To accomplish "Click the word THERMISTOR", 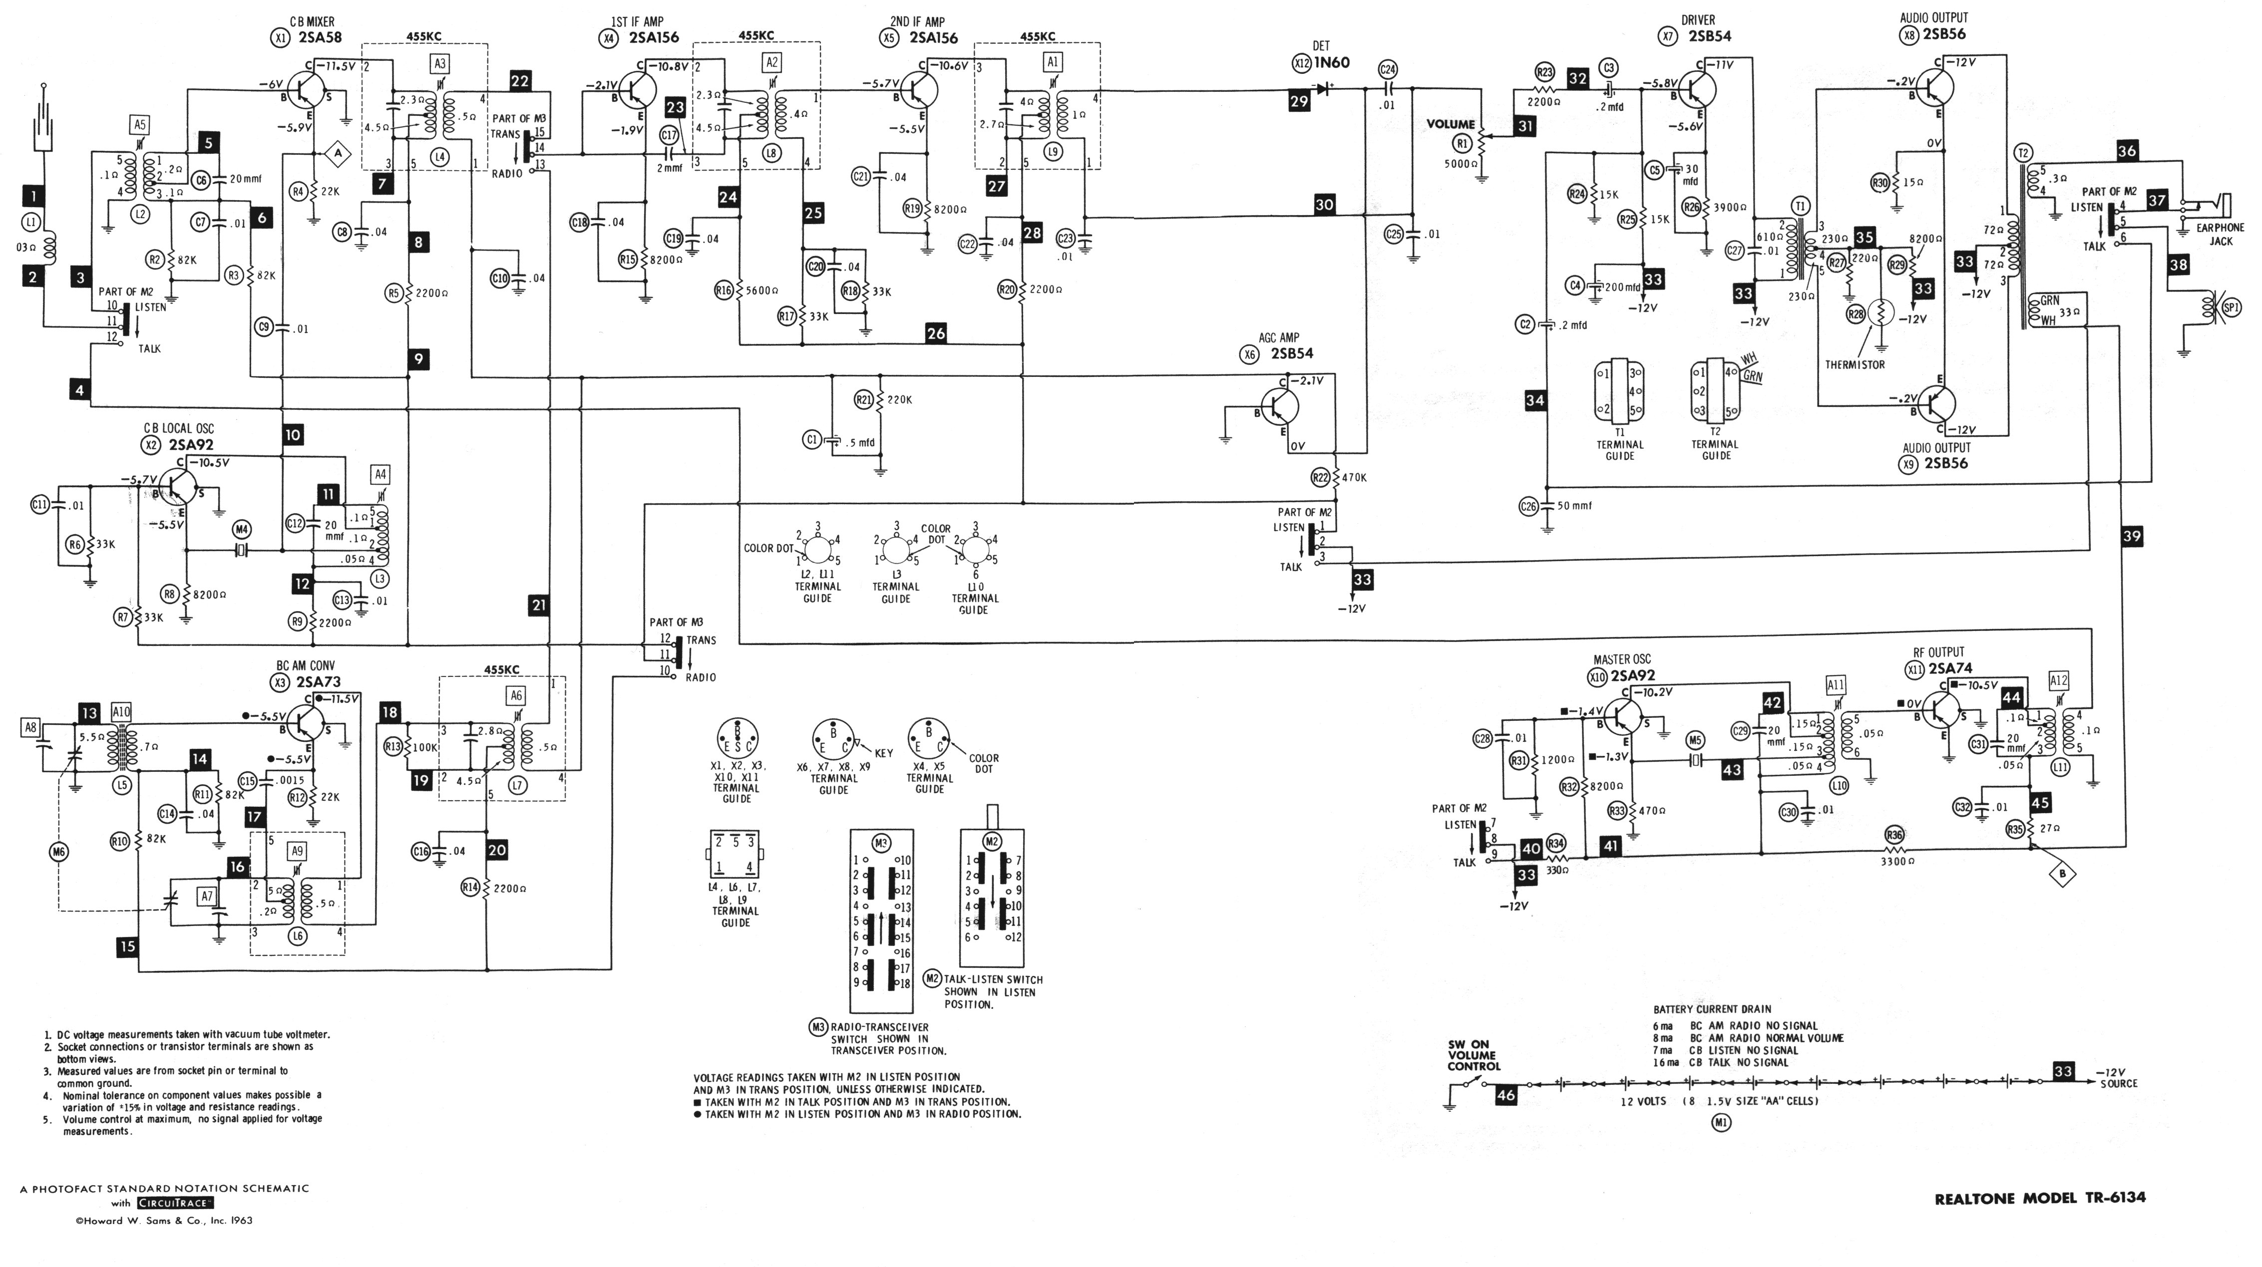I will click(1855, 364).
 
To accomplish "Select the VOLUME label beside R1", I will click(1451, 124).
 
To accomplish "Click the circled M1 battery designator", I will click(1721, 1122).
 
